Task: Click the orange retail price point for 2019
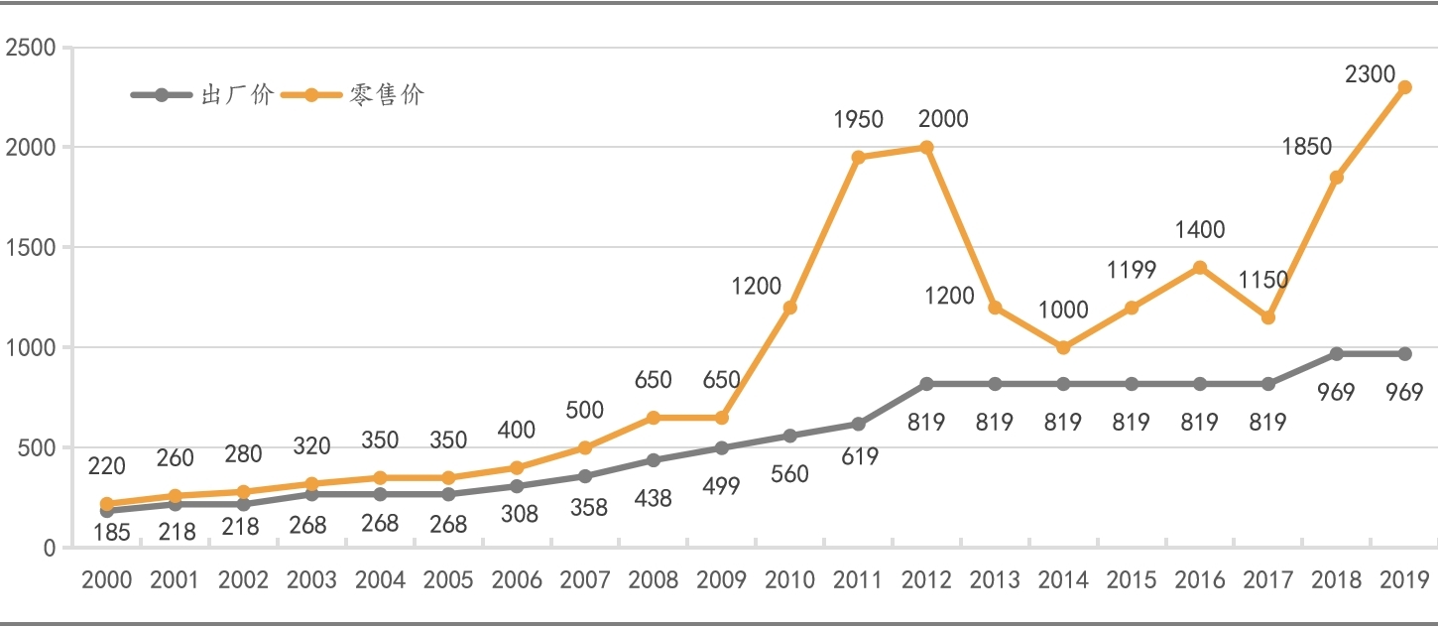click(x=1404, y=87)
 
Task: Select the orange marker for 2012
click(x=926, y=148)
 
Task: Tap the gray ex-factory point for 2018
click(x=1336, y=354)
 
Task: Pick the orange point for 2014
click(x=1063, y=347)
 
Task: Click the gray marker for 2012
click(x=926, y=384)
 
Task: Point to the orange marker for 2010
click(x=789, y=308)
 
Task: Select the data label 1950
click(x=858, y=120)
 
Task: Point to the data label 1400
click(x=1200, y=230)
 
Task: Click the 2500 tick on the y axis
click(x=31, y=48)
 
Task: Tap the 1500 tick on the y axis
click(x=31, y=248)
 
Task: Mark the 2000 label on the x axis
click(x=106, y=580)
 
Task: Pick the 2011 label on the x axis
click(x=858, y=580)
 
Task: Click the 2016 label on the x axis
click(x=1200, y=580)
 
